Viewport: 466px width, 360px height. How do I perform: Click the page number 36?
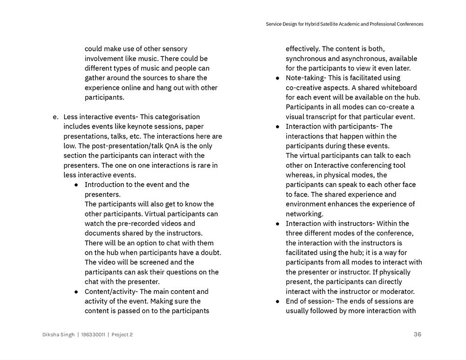click(417, 334)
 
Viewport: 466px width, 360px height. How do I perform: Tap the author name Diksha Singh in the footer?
click(58, 334)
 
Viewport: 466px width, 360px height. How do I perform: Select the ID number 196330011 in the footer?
click(93, 334)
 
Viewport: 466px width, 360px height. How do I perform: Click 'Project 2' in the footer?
click(122, 334)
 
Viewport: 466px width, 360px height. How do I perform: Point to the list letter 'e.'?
click(56, 117)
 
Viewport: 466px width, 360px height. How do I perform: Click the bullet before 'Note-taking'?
click(278, 78)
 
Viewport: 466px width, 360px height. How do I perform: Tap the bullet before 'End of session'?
click(278, 301)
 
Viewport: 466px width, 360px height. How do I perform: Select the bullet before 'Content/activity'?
click(76, 292)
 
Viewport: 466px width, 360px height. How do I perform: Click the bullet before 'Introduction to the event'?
click(76, 185)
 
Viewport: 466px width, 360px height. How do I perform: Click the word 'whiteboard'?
click(398, 88)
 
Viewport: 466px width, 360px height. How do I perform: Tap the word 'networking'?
click(304, 214)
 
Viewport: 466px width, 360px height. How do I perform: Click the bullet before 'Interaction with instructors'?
click(278, 224)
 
